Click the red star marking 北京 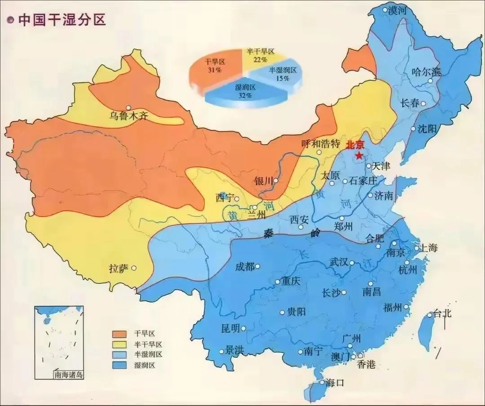click(x=359, y=155)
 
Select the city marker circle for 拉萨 click(x=134, y=268)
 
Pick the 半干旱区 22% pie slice click(x=260, y=56)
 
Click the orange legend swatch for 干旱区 click(x=120, y=334)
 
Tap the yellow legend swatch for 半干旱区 click(x=120, y=344)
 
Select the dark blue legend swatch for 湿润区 click(x=120, y=365)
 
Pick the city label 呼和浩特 click(x=321, y=143)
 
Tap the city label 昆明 click(x=230, y=328)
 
